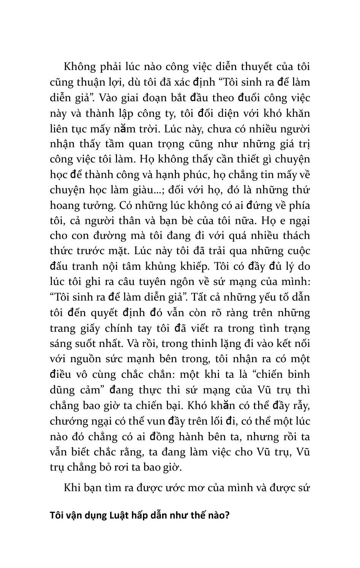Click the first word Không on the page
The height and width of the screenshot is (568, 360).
[x=79, y=67]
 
